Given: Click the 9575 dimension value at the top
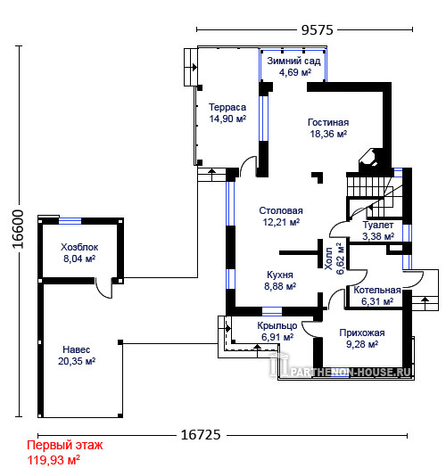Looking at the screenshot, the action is pyautogui.click(x=317, y=30).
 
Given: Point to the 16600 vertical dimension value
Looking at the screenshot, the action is pyautogui.click(x=18, y=229).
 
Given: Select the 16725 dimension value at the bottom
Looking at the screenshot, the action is pyautogui.click(x=201, y=435).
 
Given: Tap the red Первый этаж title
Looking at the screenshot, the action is pyautogui.click(x=65, y=446).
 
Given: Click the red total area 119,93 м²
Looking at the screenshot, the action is pyautogui.click(x=54, y=460).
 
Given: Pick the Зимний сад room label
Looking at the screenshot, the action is pyautogui.click(x=293, y=61).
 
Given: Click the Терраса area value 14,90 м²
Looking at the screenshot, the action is pyautogui.click(x=227, y=119).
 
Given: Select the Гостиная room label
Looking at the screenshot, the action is pyautogui.click(x=328, y=122).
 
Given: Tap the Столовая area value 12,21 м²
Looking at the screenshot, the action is pyautogui.click(x=281, y=222).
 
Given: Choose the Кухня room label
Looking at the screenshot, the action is pyautogui.click(x=280, y=275).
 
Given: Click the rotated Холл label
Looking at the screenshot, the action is pyautogui.click(x=328, y=259).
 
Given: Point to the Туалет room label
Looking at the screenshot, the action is pyautogui.click(x=378, y=225).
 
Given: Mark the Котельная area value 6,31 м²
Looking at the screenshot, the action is pyautogui.click(x=377, y=302).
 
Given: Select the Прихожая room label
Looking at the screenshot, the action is pyautogui.click(x=362, y=333).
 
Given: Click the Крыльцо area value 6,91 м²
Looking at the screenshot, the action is pyautogui.click(x=277, y=337).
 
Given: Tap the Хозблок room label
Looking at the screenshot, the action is pyautogui.click(x=79, y=247).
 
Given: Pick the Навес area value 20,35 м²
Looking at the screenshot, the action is pyautogui.click(x=77, y=361).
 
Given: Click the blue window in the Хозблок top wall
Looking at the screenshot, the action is pyautogui.click(x=70, y=221).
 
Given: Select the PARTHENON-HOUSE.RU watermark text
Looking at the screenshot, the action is pyautogui.click(x=351, y=373).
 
